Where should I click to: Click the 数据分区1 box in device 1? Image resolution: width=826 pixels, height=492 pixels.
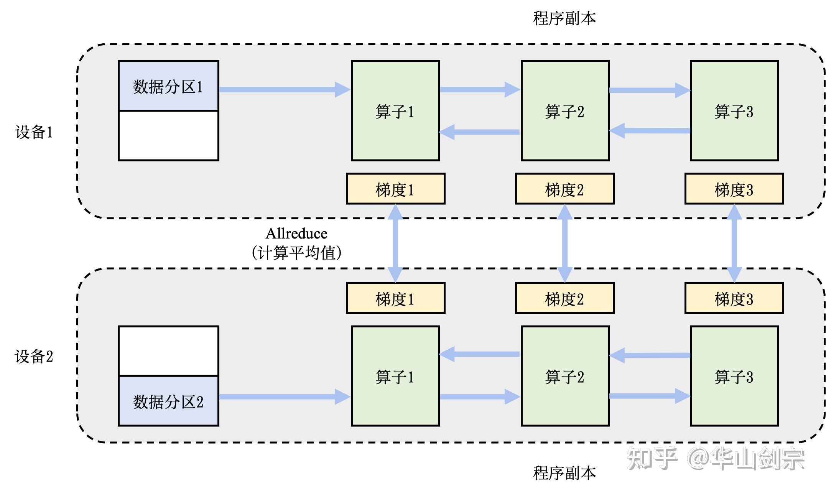click(x=168, y=86)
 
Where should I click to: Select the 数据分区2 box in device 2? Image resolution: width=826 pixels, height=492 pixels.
click(x=168, y=401)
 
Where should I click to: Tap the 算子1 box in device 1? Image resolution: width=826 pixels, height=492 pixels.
click(x=395, y=110)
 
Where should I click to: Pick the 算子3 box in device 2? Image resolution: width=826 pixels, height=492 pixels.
click(x=734, y=376)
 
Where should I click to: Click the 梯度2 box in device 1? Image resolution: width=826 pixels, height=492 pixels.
click(x=564, y=189)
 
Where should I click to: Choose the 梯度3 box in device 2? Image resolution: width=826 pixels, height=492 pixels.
click(x=734, y=298)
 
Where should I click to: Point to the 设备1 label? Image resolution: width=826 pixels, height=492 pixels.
click(x=34, y=132)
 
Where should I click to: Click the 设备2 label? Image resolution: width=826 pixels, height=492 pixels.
click(x=34, y=356)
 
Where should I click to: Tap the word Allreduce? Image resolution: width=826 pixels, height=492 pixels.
click(x=296, y=234)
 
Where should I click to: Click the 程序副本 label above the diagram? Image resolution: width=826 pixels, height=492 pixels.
click(x=564, y=18)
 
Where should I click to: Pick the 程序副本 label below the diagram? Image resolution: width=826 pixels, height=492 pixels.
click(x=564, y=473)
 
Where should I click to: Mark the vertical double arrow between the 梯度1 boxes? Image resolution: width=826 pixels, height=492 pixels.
click(x=395, y=244)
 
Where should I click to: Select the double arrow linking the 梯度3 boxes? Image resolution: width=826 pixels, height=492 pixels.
click(x=734, y=244)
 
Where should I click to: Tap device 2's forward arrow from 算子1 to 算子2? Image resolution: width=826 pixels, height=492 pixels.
click(x=479, y=397)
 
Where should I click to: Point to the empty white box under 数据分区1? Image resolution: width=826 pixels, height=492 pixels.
click(x=168, y=135)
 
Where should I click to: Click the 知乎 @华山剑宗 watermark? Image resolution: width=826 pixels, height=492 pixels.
click(x=715, y=459)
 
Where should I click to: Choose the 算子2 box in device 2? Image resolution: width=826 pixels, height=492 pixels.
click(x=564, y=376)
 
